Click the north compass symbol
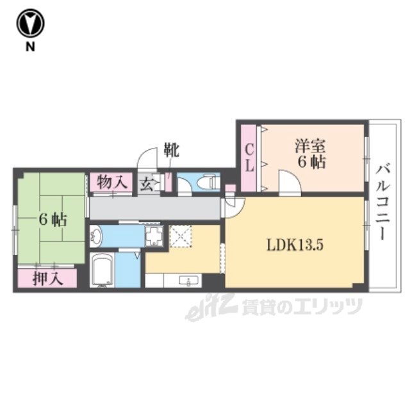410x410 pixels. coord(30,23)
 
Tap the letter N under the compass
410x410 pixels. coord(30,47)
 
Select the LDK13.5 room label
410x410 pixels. coord(295,245)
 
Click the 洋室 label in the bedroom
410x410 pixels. coord(310,147)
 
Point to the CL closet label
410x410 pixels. coord(249,158)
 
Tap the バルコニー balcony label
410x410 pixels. coord(383,202)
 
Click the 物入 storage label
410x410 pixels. coord(113,182)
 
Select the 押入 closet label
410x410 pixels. coord(48,279)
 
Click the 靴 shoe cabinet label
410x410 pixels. coord(172,150)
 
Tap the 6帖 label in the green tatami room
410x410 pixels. coord(53,220)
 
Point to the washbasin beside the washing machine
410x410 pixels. coord(96,236)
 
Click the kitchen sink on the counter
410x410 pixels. coord(188,281)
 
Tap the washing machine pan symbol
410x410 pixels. coord(154,236)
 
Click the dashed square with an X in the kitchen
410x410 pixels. coord(181,236)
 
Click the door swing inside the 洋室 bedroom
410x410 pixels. coord(290,181)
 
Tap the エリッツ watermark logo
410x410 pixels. coord(274,307)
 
